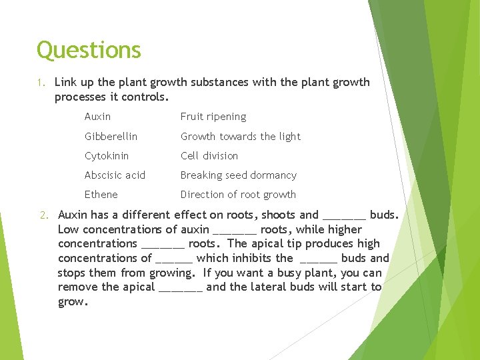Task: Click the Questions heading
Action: tap(89, 50)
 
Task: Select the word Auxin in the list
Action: tap(97, 117)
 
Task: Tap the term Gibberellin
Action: tap(111, 136)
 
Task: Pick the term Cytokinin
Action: tap(107, 155)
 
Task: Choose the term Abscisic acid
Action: tap(115, 175)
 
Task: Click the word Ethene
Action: tap(101, 195)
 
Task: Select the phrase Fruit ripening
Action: tap(213, 117)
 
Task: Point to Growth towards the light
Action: tap(241, 136)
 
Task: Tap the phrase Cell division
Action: tap(209, 155)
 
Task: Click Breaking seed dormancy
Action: tap(239, 175)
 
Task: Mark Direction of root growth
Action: tap(238, 195)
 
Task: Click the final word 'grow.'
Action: tap(73, 301)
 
